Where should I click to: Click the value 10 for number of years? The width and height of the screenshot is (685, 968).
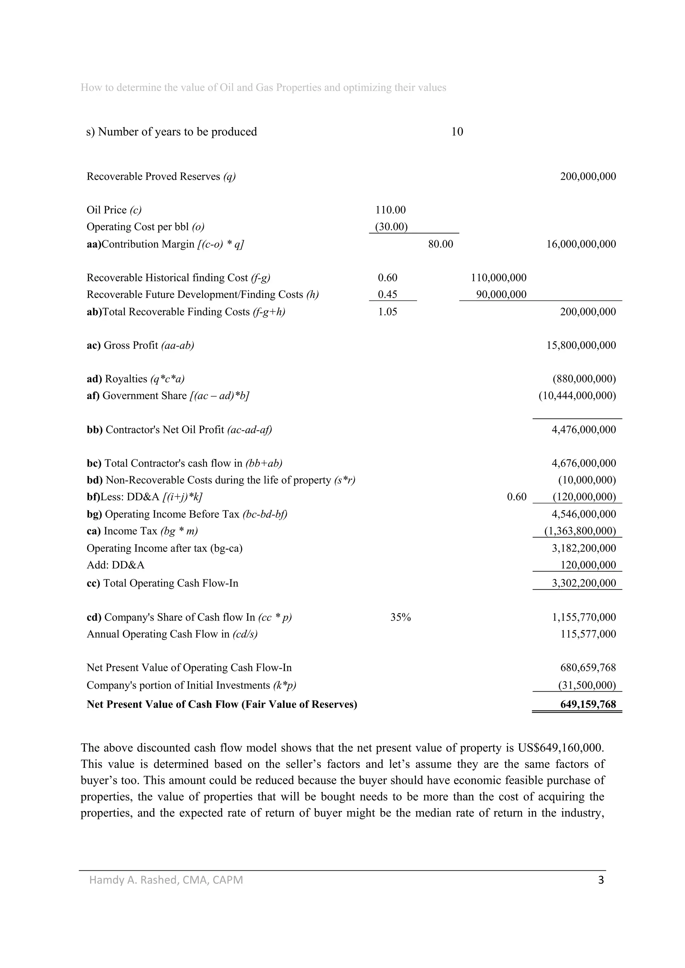click(x=457, y=132)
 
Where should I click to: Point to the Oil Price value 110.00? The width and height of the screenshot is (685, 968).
click(x=390, y=210)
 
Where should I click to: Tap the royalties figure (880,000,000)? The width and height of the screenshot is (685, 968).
click(x=584, y=379)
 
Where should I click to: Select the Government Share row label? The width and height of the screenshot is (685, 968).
click(x=168, y=396)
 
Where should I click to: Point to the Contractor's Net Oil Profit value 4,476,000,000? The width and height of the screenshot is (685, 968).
click(x=584, y=430)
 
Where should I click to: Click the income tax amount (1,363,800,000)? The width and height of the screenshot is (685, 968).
click(x=580, y=531)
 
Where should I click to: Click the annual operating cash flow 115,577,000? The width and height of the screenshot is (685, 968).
click(x=588, y=634)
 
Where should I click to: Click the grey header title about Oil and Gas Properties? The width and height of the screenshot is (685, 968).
click(x=263, y=88)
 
